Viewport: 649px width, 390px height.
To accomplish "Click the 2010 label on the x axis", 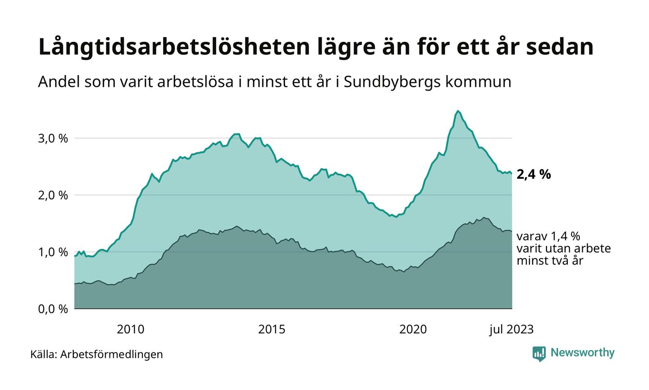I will [x=130, y=330].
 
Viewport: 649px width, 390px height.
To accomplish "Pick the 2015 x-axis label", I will [x=272, y=330].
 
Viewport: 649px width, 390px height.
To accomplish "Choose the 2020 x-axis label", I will [x=413, y=330].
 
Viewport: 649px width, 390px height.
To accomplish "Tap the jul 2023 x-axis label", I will [x=511, y=330].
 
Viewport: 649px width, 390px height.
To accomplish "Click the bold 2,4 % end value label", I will [x=534, y=175].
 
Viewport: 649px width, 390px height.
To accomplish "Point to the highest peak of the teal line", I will [x=458, y=111].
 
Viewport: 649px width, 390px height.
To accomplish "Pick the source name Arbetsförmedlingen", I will [x=112, y=354].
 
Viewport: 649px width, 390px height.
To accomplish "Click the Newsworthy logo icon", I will [x=539, y=354].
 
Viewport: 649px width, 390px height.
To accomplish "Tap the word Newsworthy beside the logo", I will [x=582, y=353].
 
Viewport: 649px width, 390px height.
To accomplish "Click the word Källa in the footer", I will [x=44, y=354].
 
